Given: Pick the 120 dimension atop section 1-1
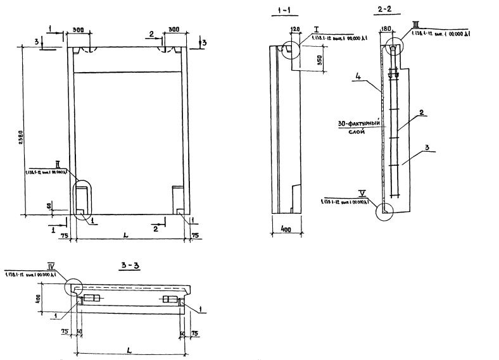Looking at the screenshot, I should pyautogui.click(x=294, y=29).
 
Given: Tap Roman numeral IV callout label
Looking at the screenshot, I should pyautogui.click(x=52, y=266).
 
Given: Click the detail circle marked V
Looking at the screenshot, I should pyautogui.click(x=383, y=210).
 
